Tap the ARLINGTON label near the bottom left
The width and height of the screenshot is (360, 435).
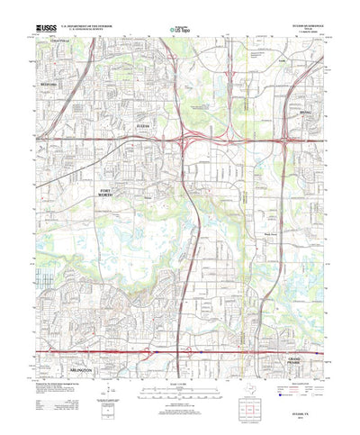pyautogui.click(x=76, y=357)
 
